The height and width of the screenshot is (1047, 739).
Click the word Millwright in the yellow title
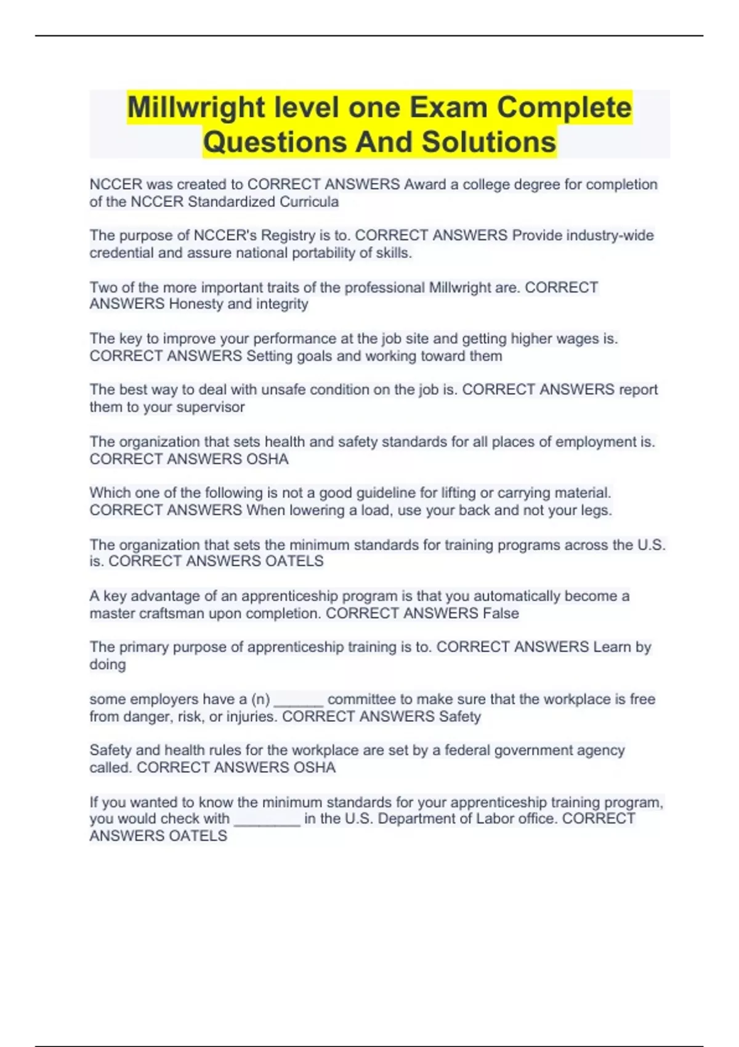tap(196, 108)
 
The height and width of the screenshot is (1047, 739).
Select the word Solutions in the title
tap(489, 142)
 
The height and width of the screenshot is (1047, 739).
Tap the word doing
tap(107, 665)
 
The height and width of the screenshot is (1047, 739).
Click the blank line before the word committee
tap(298, 702)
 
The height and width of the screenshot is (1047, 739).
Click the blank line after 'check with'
tap(267, 822)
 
